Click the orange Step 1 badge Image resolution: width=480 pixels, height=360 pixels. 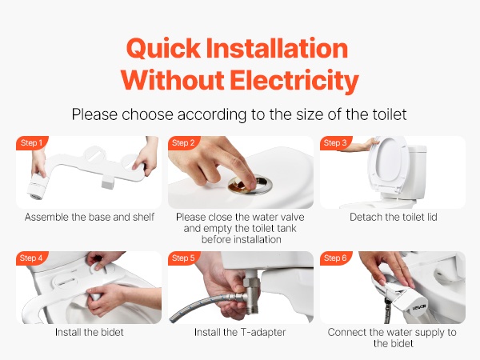point(32,142)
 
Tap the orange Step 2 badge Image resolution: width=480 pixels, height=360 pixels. point(184,142)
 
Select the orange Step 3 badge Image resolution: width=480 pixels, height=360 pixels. point(335,142)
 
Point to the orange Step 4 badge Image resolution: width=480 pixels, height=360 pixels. point(32,258)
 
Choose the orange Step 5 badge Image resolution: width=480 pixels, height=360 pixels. point(184,258)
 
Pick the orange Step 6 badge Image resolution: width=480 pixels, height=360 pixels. point(335,258)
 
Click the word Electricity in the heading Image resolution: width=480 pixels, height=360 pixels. point(294,80)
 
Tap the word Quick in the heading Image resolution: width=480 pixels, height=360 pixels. point(163,48)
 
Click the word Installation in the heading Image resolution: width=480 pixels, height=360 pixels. point(277,48)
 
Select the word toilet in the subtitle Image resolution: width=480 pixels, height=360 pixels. point(390,114)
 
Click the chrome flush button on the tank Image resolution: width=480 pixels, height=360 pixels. point(250,185)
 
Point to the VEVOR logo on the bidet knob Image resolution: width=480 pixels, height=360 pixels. point(419,307)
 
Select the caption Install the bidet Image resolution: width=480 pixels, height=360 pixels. point(89,332)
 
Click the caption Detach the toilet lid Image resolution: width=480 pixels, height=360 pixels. point(394,217)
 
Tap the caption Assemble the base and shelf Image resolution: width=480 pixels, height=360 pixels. point(90,217)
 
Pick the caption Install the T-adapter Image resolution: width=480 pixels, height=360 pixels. point(240,332)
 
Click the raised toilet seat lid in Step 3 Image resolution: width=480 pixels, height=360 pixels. point(387,166)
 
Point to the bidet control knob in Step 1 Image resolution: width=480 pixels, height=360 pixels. point(38,186)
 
